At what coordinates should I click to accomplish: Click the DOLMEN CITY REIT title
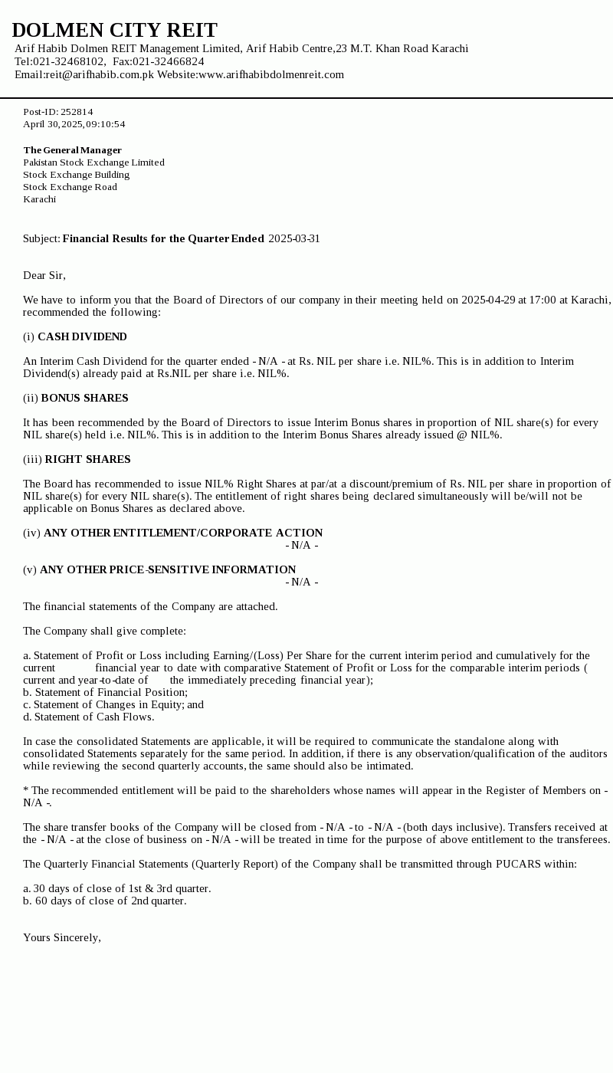click(115, 30)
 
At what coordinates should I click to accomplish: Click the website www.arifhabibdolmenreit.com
click(271, 74)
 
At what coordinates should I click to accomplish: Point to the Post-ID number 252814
click(77, 112)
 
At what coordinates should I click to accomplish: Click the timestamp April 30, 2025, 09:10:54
click(74, 124)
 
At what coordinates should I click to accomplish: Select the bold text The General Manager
click(73, 150)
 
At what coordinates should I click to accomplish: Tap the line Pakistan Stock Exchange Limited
click(93, 162)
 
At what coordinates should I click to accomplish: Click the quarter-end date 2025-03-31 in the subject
click(294, 238)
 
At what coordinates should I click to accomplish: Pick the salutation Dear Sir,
click(44, 275)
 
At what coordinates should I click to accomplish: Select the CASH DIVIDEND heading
click(82, 336)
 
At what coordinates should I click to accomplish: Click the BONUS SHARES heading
click(84, 398)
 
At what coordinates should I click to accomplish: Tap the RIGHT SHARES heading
click(87, 459)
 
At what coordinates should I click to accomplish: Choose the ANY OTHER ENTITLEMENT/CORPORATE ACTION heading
click(183, 533)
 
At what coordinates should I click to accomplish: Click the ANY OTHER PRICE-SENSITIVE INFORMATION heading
click(168, 569)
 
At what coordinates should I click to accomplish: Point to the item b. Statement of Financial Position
click(105, 692)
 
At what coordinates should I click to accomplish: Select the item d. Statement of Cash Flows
click(89, 717)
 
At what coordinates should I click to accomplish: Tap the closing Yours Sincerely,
click(62, 937)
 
